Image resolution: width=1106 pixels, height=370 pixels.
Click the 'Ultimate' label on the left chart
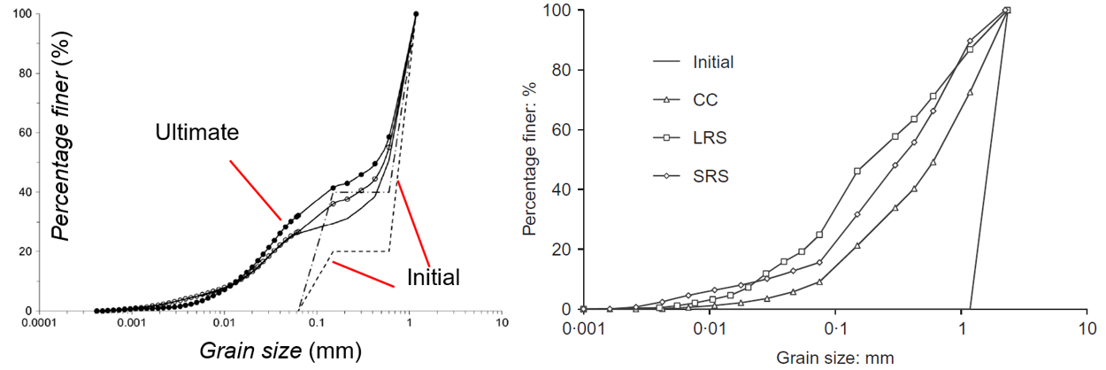click(197, 133)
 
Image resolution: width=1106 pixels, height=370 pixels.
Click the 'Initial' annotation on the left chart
click(433, 277)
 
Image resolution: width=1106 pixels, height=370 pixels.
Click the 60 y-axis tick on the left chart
click(25, 133)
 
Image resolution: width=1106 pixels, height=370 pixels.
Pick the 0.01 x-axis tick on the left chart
click(224, 325)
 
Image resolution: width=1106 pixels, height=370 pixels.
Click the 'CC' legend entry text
click(704, 100)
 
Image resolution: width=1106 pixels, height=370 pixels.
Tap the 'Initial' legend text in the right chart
click(714, 62)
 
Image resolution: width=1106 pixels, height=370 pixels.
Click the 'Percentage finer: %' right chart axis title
click(530, 160)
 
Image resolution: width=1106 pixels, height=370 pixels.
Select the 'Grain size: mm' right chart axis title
click(835, 358)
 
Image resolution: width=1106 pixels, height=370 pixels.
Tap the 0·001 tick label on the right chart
click(584, 329)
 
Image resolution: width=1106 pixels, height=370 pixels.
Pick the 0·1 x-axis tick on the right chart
click(835, 329)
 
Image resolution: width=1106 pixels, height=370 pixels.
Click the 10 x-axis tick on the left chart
click(502, 325)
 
